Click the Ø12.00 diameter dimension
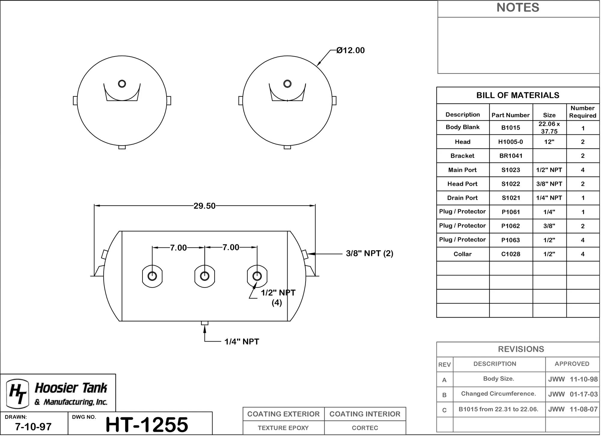350,50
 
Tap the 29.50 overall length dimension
204,206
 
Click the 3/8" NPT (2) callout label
370,253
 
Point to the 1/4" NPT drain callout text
242,342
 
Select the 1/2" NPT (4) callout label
278,298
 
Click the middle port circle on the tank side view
205,276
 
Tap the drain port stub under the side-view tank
205,323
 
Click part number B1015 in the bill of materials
511,128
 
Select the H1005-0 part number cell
511,142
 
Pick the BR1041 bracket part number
511,156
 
